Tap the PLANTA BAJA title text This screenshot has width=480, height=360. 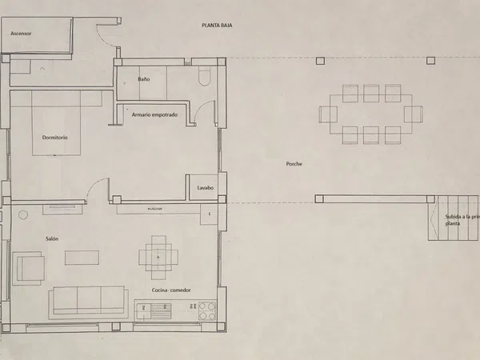tap(216, 26)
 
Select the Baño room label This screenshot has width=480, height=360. tap(144, 79)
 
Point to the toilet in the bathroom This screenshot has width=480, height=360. tap(203, 77)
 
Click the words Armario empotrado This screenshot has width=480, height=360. tap(154, 114)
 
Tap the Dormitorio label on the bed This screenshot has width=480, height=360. tap(55, 138)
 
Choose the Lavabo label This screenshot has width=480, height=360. tap(206, 188)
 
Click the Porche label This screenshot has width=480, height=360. tap(294, 164)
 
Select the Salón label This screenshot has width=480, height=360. tap(52, 238)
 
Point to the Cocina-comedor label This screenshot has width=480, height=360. tap(171, 290)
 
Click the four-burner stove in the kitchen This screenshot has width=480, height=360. tap(207, 310)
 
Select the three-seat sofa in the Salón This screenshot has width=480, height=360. tap(88, 300)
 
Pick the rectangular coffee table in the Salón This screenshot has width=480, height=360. tap(82, 258)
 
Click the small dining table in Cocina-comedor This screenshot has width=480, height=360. tap(158, 256)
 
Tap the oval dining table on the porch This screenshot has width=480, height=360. tap(370, 114)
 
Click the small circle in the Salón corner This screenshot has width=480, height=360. tap(23, 214)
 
